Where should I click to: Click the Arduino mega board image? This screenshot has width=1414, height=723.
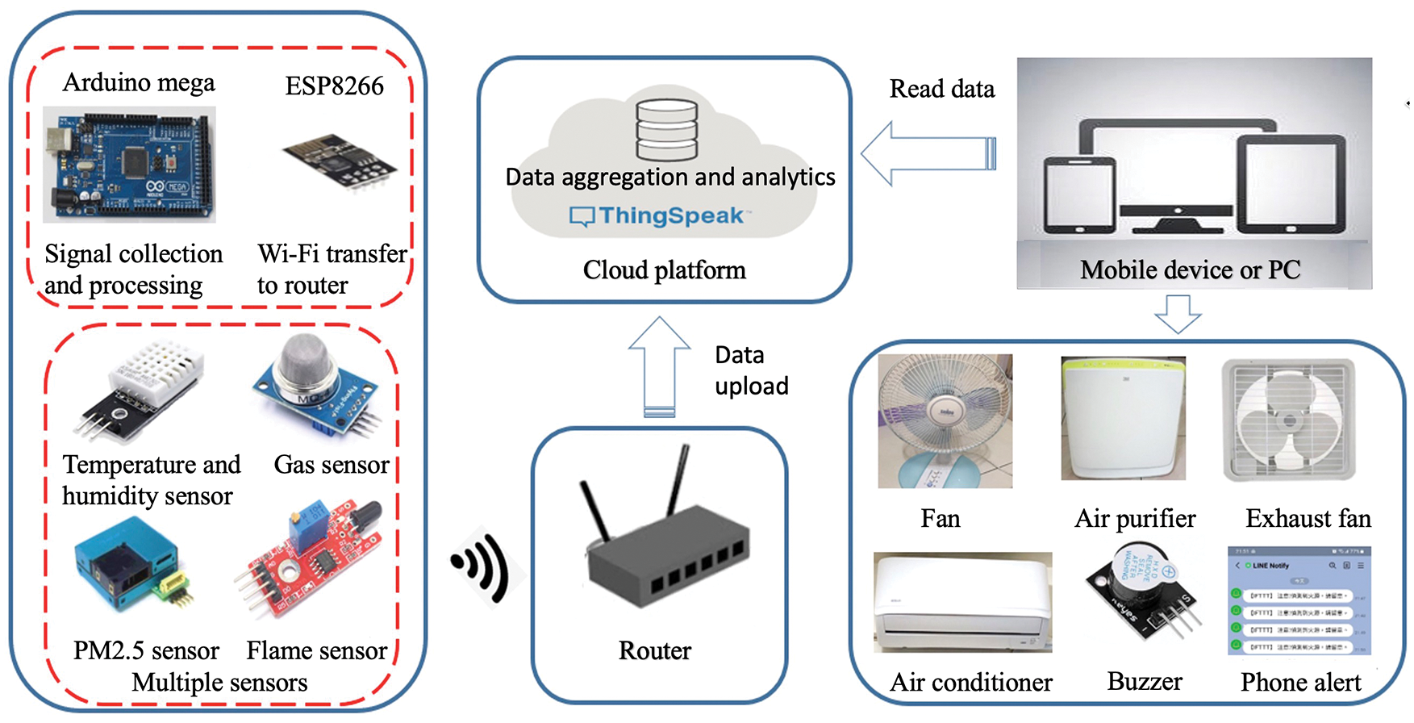click(129, 165)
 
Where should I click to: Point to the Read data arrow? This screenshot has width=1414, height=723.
click(928, 153)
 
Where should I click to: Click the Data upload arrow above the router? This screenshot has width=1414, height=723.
click(659, 367)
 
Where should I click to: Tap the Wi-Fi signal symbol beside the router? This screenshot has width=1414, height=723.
click(483, 565)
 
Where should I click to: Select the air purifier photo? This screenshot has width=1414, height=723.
click(1123, 419)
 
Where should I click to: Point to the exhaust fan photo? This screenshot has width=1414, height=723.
click(1289, 420)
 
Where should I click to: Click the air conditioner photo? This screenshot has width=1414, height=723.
click(962, 602)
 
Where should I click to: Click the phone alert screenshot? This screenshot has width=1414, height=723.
click(1299, 600)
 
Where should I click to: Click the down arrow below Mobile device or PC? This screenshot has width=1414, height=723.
click(1178, 313)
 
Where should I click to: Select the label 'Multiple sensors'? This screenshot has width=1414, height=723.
click(219, 683)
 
